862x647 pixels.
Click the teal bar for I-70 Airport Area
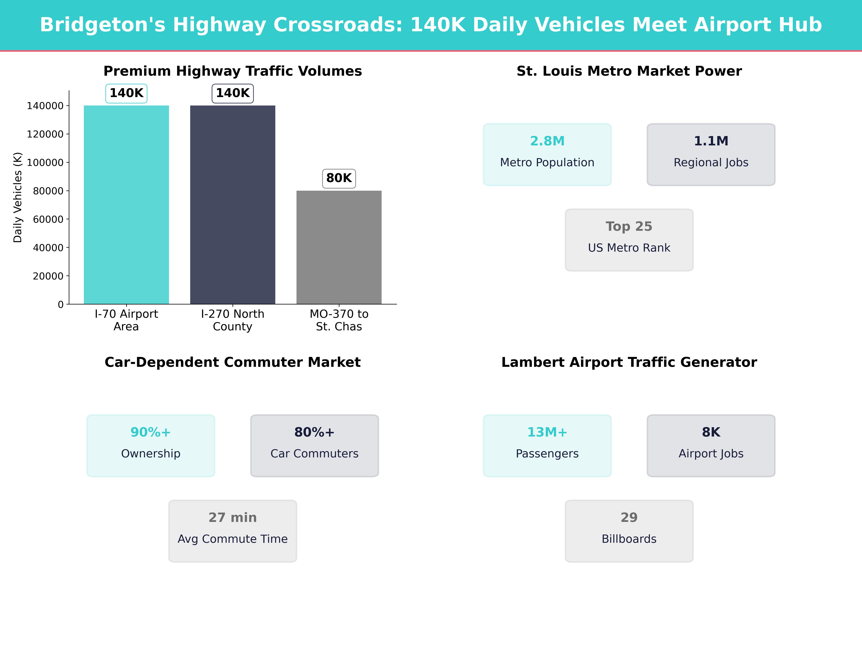(x=126, y=205)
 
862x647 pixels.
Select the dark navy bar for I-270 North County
(x=233, y=205)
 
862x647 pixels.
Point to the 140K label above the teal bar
(x=126, y=93)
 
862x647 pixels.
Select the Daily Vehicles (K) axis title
(x=18, y=197)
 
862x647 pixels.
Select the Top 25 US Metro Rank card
(x=629, y=240)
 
